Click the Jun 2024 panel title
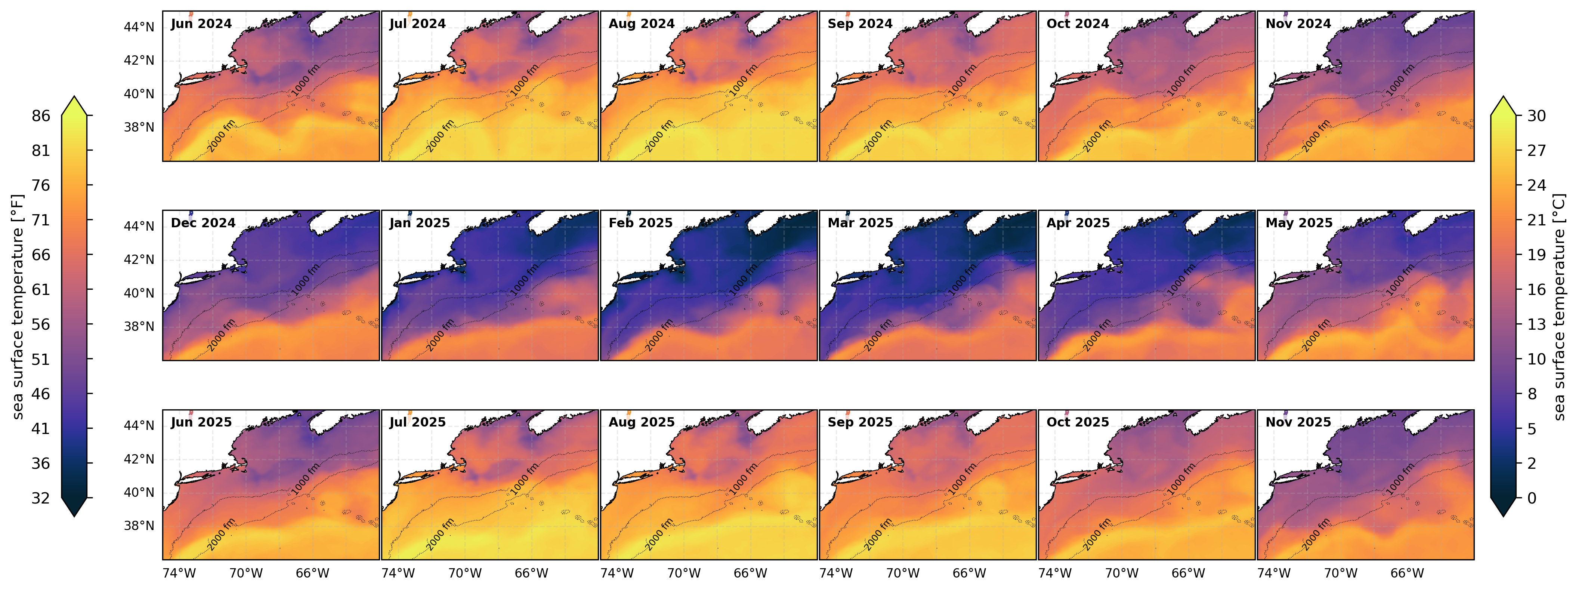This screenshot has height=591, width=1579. tap(201, 24)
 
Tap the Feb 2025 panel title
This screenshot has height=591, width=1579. tap(640, 223)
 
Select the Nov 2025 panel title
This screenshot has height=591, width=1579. tap(1298, 422)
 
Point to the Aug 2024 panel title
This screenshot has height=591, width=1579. tap(641, 24)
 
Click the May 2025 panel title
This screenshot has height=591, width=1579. tap(1299, 223)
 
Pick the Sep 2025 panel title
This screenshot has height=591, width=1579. tap(860, 422)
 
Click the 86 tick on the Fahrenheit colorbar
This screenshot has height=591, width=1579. tap(41, 116)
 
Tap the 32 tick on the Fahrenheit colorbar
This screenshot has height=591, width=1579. tap(41, 498)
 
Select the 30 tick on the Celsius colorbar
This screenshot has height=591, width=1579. tap(1536, 116)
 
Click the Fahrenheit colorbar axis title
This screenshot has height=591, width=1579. tap(18, 307)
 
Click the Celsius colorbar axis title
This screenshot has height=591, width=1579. tap(1560, 307)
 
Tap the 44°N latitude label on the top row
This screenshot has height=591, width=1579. tap(139, 27)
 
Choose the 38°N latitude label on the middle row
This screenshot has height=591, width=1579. tap(139, 327)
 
